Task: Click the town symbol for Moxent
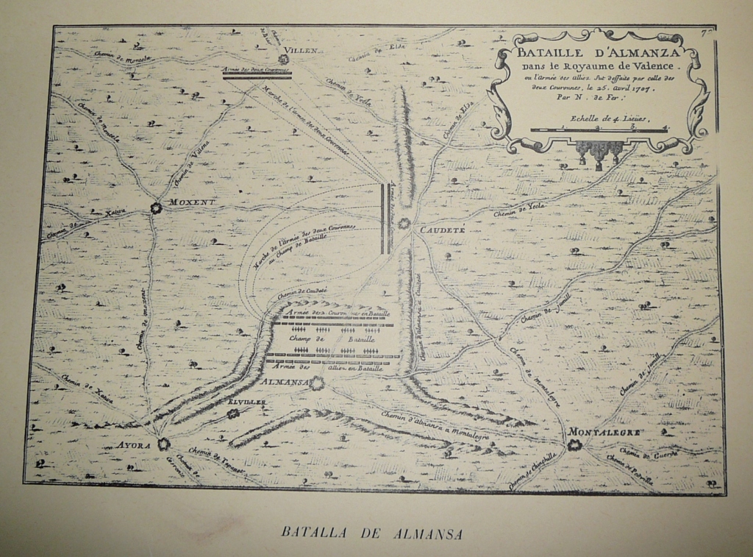coord(156,208)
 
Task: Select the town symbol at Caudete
coord(404,223)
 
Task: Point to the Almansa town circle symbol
coord(316,383)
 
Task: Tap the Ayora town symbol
coord(163,444)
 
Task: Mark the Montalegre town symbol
coord(574,444)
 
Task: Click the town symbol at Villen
coord(283,60)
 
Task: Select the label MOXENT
coord(192,202)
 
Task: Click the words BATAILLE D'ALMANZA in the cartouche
coord(599,52)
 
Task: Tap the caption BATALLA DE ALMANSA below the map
coord(372,533)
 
